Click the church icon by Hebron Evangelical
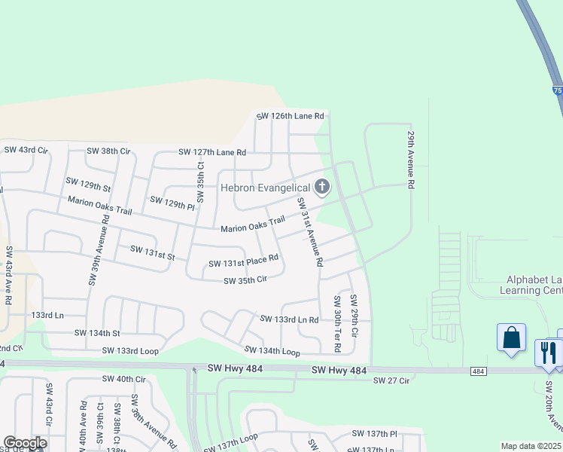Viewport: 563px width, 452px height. (x=321, y=187)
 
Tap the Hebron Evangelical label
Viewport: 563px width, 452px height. (x=265, y=188)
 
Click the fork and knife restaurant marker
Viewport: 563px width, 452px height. (x=548, y=351)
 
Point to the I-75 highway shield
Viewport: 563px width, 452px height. (x=557, y=90)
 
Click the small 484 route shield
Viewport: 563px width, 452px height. (x=479, y=371)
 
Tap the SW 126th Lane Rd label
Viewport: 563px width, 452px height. (x=290, y=116)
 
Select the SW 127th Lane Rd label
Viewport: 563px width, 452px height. (x=212, y=152)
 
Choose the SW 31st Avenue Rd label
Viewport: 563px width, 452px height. (x=309, y=232)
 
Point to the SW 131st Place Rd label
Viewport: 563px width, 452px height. (x=243, y=261)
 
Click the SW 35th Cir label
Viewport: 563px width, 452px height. (x=245, y=280)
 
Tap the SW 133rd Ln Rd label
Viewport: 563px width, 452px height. (x=289, y=319)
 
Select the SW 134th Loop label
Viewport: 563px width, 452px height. (x=272, y=351)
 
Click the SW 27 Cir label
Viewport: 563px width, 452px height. (x=391, y=381)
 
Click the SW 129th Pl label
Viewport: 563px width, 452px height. (x=172, y=203)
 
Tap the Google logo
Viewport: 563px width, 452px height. (x=25, y=443)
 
